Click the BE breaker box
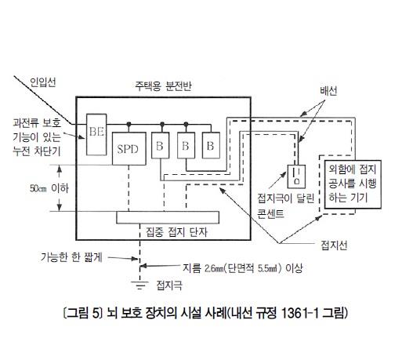[96, 134]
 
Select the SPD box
[129, 148]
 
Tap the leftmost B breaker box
[160, 145]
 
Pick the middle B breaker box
[186, 145]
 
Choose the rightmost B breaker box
[211, 145]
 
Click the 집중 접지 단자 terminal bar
[168, 217]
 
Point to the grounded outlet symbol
[296, 176]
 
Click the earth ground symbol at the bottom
[140, 285]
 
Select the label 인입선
[43, 82]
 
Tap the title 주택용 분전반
[163, 85]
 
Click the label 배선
[328, 91]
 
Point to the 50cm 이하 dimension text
[49, 188]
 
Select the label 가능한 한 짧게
[71, 257]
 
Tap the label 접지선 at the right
[334, 245]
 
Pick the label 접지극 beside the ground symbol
[169, 285]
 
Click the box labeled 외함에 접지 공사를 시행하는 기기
[353, 184]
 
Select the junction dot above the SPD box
[129, 124]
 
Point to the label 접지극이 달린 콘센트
[286, 205]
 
